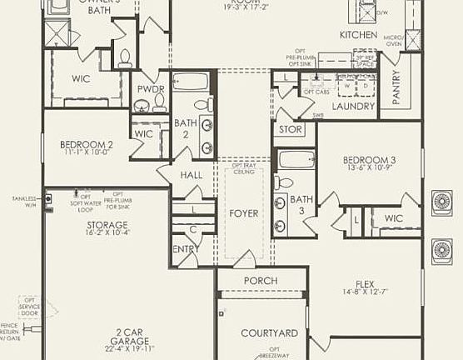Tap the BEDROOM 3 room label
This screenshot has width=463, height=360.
pyautogui.click(x=369, y=160)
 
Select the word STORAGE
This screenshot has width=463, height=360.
pyautogui.click(x=107, y=225)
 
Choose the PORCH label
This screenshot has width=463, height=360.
pyautogui.click(x=261, y=281)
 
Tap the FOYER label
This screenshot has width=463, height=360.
pyautogui.click(x=244, y=213)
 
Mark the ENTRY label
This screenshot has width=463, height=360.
pyautogui.click(x=185, y=249)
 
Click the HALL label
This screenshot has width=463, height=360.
pyautogui.click(x=192, y=175)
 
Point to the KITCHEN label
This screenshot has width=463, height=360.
pyautogui.click(x=360, y=35)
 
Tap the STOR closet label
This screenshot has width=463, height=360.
pyautogui.click(x=291, y=129)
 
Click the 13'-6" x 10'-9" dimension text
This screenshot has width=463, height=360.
pyautogui.click(x=369, y=169)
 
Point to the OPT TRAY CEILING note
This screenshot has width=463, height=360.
pyautogui.click(x=244, y=168)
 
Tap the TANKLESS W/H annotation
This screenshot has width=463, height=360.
pyautogui.click(x=24, y=202)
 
